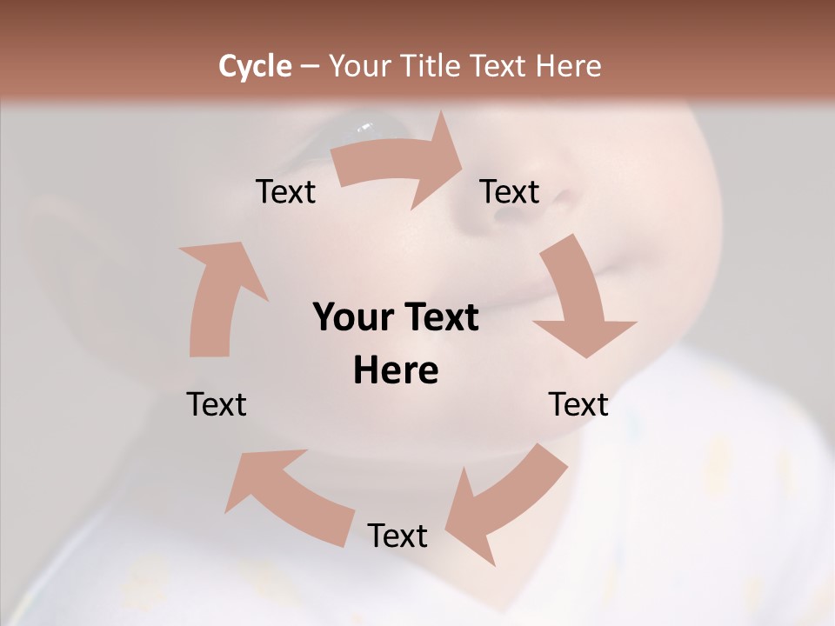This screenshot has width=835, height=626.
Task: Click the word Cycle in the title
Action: coord(255,66)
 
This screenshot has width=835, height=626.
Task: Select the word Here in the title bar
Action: coord(568,66)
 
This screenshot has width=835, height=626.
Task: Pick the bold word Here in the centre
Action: coord(396,371)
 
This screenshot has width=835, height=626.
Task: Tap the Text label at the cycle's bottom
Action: coord(397,536)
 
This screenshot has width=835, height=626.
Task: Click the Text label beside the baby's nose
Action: coord(510,192)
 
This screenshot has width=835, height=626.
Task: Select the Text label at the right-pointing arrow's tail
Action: coord(285,192)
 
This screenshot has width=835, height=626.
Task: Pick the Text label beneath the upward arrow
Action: coord(217,404)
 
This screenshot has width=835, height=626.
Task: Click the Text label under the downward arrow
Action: coord(578,404)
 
